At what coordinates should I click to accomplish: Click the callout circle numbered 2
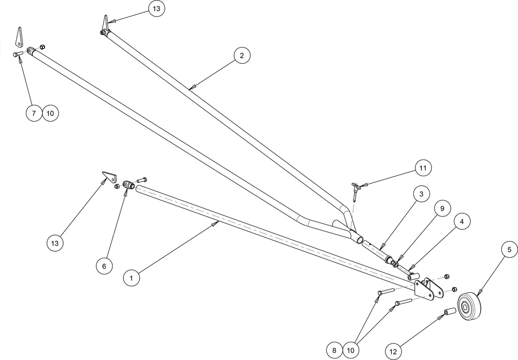242,56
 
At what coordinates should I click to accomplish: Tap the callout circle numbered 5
509,250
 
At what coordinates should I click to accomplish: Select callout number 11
423,168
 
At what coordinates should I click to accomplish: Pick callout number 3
421,194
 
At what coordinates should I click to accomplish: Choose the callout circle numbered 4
462,221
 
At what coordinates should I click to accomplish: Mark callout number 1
132,278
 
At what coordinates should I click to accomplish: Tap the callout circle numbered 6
104,266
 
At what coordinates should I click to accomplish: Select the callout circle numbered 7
34,113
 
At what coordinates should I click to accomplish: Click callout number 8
334,350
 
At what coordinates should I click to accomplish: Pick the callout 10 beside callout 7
50,113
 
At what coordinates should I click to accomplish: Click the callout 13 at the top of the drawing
156,9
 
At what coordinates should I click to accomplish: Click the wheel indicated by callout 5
469,306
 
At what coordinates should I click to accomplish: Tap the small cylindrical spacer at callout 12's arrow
450,312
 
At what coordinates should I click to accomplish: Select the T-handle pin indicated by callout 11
355,191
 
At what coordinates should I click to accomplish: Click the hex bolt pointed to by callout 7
18,54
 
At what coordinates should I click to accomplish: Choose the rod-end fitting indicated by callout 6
128,184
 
